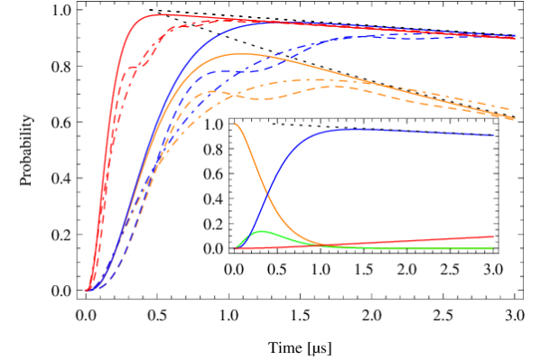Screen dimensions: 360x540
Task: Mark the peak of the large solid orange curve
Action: point(241,54)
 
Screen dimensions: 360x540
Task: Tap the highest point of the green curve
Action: point(262,232)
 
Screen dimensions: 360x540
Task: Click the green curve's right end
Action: point(493,248)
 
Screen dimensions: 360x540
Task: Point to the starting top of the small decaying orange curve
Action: point(235,124)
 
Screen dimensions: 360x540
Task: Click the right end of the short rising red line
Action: point(494,236)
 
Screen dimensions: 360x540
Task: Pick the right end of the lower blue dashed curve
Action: point(494,135)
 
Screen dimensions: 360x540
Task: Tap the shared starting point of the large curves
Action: point(88,291)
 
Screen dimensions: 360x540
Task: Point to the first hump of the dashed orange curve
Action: point(212,91)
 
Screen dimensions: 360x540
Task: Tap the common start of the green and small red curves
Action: point(235,248)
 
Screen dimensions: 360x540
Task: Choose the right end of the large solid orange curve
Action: point(515,119)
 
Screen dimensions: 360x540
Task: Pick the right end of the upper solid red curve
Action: point(516,38)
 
